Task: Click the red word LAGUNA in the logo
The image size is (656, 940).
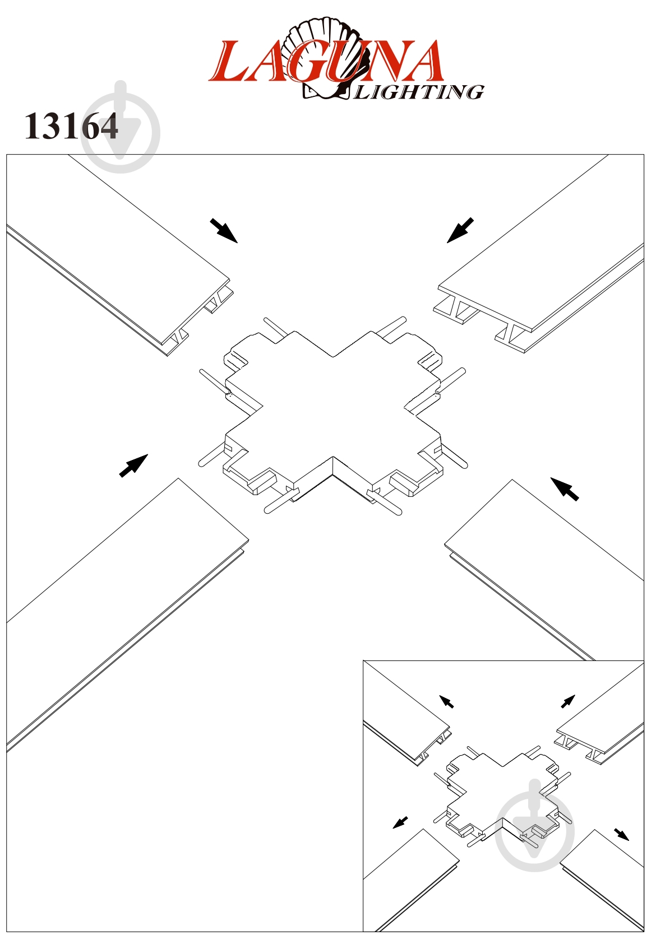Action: [x=326, y=61]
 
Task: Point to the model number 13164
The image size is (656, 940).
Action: [x=71, y=126]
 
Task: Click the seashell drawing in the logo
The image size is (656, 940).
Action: [x=322, y=59]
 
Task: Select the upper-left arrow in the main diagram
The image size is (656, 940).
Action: [x=224, y=230]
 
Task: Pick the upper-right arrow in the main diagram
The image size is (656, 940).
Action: [x=460, y=230]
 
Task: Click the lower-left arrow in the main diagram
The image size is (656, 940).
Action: [x=133, y=466]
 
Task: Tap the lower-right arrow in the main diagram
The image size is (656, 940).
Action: [x=565, y=489]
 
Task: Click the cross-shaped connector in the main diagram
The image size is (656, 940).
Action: [x=332, y=416]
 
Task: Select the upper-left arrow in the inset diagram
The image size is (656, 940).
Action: [x=446, y=702]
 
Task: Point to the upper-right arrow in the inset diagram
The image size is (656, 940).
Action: [x=568, y=701]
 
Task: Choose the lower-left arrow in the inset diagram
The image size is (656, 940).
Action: [x=400, y=822]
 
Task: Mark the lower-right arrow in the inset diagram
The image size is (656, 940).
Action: [x=622, y=834]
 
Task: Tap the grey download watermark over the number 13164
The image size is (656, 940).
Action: [x=121, y=127]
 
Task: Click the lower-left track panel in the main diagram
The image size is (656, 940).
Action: [x=126, y=613]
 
